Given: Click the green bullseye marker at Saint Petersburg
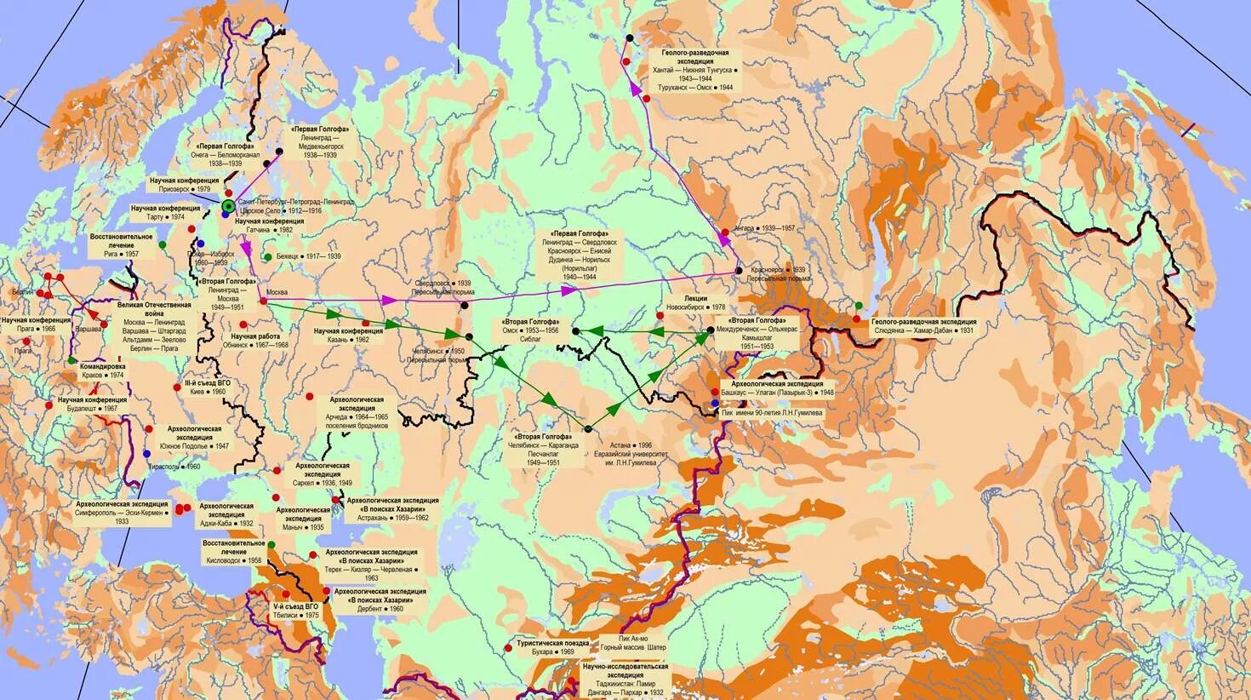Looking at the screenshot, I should pos(228,206).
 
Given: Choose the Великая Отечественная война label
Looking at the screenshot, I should pos(154,320).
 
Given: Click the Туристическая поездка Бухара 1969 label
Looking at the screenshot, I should pos(551,647).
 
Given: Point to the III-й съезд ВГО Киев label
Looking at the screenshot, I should pos(208,388).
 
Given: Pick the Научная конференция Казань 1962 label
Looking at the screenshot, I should pos(341,334).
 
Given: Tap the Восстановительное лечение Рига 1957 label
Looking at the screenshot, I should pos(121,245).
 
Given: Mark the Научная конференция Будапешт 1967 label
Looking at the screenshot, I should pos(93,404).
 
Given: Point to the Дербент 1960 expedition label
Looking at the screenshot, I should pos(380,600).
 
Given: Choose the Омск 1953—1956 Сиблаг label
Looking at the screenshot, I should pos(532,330).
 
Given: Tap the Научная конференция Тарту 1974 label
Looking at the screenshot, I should pos(166,212).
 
